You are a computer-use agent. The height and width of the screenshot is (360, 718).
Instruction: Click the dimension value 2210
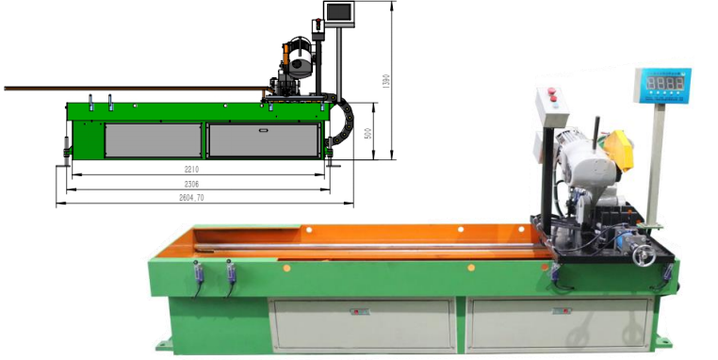coord(191,170)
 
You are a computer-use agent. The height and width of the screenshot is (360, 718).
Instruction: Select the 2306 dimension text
coord(191,184)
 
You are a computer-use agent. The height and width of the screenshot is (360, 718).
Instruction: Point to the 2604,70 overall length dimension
coord(191,198)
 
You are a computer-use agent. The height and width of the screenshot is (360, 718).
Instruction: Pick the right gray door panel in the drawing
coord(263,140)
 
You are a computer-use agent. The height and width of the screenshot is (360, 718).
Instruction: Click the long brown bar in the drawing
coord(132,89)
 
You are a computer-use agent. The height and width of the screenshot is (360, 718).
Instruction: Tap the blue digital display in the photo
coord(663,83)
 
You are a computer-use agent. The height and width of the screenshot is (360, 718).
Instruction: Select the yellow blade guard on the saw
coord(618,149)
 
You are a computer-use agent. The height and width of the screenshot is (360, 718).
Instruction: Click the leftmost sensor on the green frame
coord(198,273)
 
